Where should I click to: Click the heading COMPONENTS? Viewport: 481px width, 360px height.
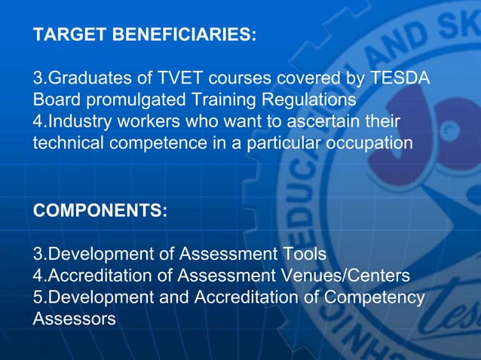(100, 211)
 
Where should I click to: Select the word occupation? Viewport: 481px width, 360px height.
(370, 143)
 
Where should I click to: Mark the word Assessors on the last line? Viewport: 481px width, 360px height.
(74, 319)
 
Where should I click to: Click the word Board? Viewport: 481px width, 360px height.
(55, 100)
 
